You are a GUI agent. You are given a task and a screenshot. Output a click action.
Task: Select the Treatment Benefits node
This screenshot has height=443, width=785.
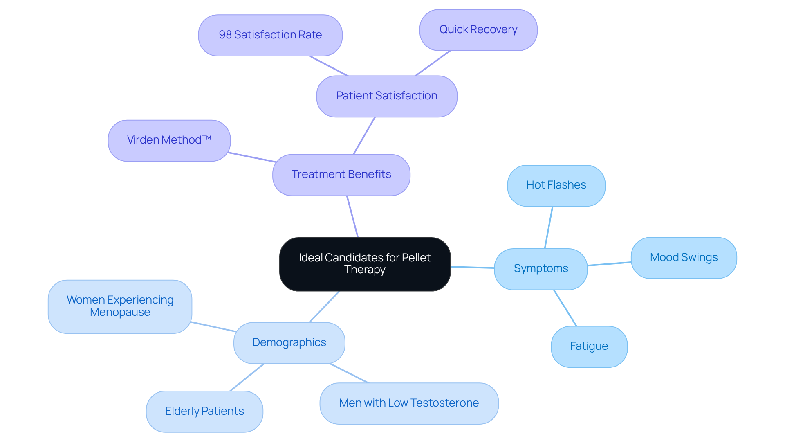click(341, 175)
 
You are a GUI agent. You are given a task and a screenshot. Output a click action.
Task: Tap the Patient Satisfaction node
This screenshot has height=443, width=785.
click(386, 96)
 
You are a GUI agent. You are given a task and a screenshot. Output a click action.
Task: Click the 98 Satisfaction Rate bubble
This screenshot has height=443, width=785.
click(270, 35)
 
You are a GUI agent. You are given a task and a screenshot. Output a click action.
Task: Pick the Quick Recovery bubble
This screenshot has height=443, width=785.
click(478, 30)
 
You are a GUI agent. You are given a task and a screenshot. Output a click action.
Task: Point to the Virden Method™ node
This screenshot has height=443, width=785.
click(169, 140)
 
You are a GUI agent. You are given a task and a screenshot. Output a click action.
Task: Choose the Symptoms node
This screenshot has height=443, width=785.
click(541, 269)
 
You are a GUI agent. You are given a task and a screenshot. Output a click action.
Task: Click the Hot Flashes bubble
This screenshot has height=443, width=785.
click(556, 185)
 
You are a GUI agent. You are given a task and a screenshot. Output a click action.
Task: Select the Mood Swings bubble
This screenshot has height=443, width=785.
click(684, 258)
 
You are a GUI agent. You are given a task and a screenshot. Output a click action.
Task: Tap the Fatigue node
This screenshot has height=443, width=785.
click(589, 346)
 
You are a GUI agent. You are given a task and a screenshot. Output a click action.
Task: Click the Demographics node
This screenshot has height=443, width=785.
click(289, 343)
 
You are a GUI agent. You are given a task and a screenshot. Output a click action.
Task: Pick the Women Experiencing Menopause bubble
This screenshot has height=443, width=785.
click(120, 306)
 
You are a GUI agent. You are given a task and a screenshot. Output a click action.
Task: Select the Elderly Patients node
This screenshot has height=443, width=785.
click(204, 411)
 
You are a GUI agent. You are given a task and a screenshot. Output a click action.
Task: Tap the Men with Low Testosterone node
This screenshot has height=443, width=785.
click(409, 403)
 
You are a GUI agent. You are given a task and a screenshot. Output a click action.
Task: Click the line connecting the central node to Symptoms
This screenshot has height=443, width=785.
click(472, 267)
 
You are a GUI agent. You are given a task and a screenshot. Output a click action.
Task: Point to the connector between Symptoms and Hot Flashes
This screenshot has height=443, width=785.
click(549, 227)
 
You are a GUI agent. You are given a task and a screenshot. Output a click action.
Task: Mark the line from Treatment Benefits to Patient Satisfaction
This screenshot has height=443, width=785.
click(364, 136)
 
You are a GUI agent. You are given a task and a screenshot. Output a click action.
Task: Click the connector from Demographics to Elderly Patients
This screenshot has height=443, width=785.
click(247, 377)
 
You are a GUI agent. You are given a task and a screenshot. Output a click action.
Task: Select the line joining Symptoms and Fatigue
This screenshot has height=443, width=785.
click(565, 308)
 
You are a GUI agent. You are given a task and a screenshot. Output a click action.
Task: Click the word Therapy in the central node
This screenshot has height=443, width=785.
click(365, 270)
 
